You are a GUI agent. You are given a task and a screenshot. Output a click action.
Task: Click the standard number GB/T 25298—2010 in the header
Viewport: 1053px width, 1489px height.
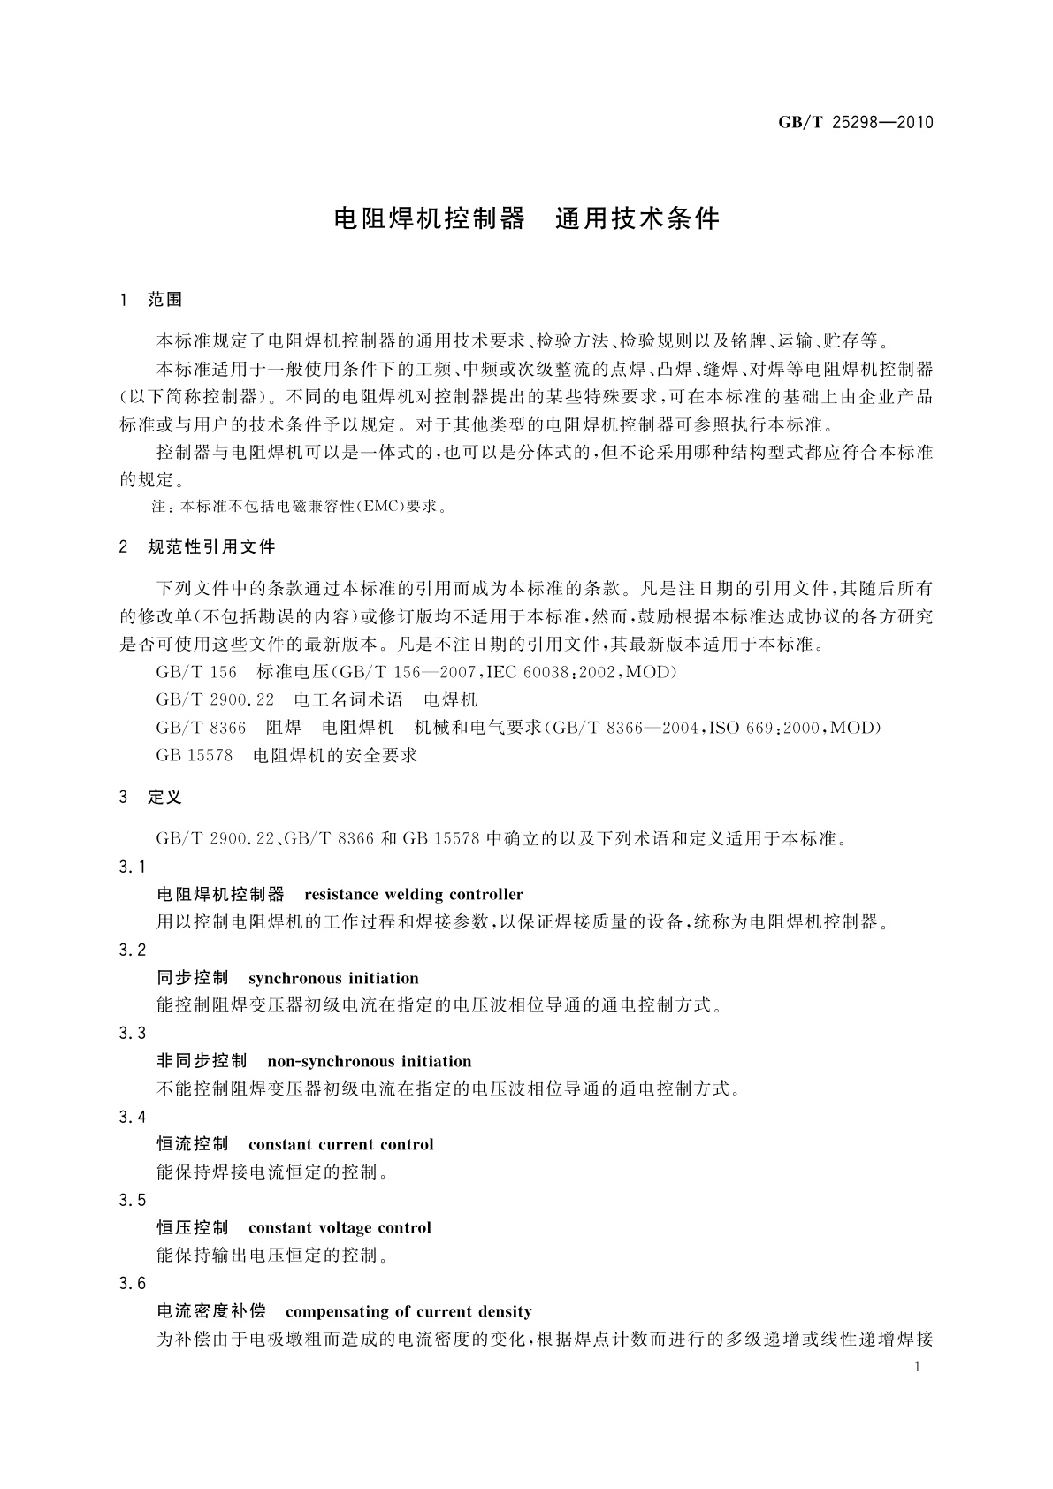pos(855,123)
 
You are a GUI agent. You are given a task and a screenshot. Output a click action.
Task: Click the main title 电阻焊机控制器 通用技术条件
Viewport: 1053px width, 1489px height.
pos(527,218)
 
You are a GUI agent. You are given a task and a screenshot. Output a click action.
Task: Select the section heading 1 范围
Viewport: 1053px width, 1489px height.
pos(150,300)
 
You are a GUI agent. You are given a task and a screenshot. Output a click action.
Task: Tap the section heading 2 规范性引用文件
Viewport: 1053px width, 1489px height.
pos(197,547)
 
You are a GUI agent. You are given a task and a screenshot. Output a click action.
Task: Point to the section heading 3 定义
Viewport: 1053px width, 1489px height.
pos(150,798)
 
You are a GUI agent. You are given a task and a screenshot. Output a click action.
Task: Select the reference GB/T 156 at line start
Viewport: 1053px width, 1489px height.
pos(196,672)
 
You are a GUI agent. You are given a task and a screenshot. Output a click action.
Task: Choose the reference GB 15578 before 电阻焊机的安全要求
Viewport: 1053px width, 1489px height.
pos(194,755)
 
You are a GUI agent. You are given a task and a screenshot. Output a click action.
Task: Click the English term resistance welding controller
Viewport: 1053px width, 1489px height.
pos(414,894)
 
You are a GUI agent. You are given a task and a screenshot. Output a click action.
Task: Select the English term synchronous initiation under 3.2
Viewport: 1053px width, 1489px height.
pos(333,978)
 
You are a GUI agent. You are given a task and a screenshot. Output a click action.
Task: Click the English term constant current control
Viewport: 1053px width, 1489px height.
pos(341,1144)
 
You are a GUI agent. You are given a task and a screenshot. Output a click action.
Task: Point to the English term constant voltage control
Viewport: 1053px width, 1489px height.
pos(340,1227)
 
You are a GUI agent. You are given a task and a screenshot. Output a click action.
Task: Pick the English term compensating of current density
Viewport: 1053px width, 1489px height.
pos(408,1311)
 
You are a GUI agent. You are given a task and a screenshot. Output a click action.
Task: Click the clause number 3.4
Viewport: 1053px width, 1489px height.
pos(132,1117)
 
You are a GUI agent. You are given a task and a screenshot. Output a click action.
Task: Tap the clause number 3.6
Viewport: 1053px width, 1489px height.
pos(132,1283)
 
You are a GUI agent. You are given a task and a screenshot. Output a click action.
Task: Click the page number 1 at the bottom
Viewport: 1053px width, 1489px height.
pos(917,1367)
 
